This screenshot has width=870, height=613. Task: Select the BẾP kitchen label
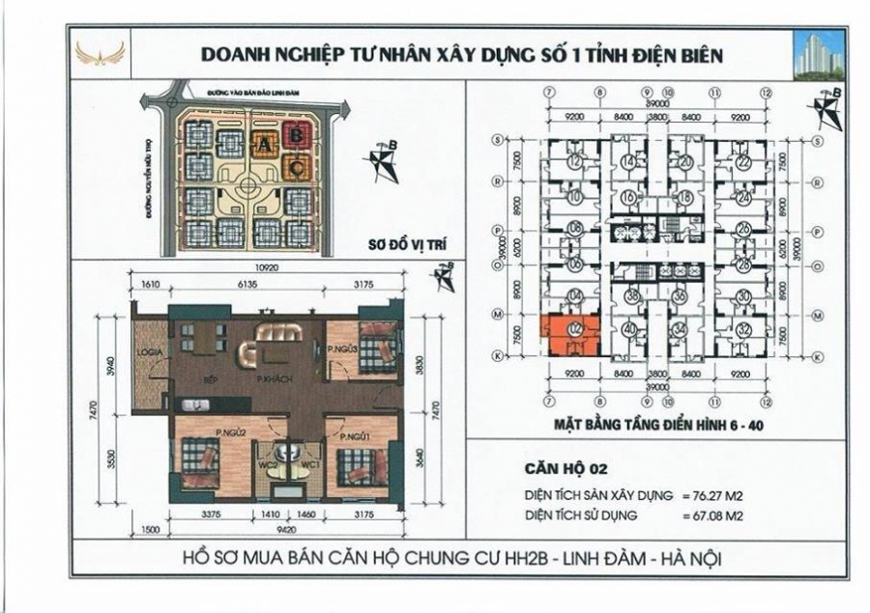pos(209,380)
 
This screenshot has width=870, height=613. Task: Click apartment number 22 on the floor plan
pos(742,163)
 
